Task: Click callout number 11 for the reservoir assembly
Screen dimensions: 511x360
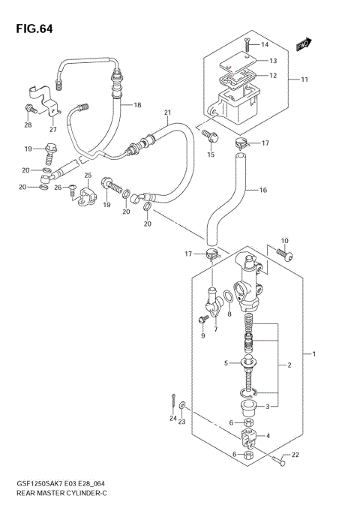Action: [304, 79]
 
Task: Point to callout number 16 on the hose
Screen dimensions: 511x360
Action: [262, 190]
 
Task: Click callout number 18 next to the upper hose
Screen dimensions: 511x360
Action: [137, 105]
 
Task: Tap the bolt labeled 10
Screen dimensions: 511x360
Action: [288, 255]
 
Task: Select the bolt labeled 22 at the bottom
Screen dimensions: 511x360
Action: [279, 464]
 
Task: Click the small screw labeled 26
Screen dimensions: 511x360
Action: [71, 187]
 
